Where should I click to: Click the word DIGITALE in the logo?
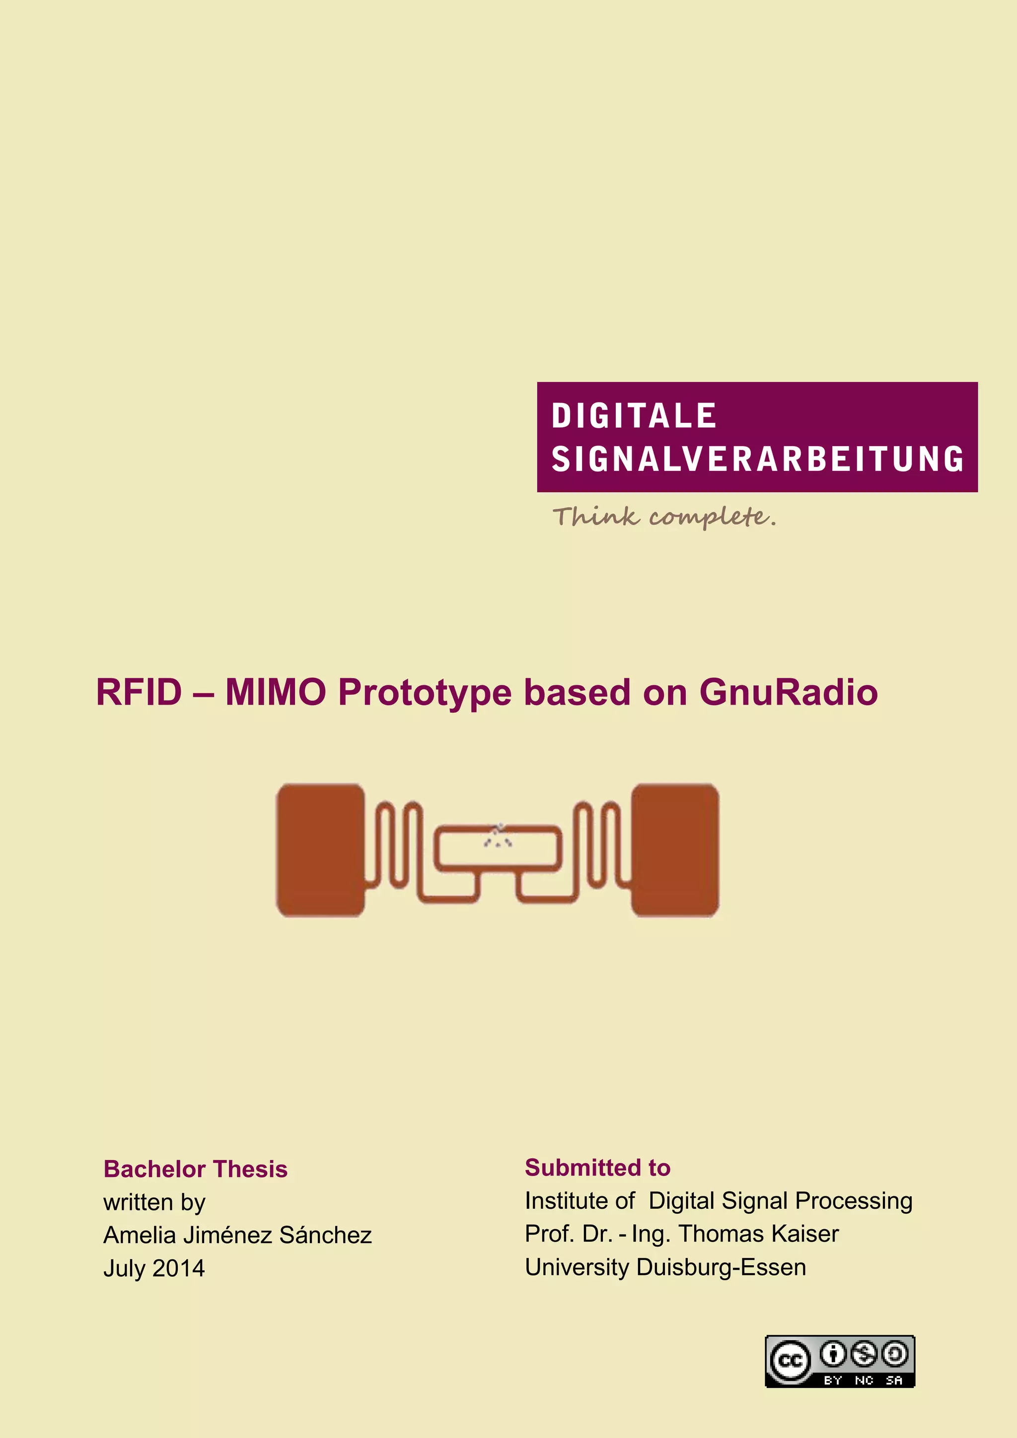click(x=634, y=416)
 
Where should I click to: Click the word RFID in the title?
click(x=139, y=693)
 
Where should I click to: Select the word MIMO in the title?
click(x=276, y=693)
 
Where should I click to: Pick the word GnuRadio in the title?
click(x=788, y=693)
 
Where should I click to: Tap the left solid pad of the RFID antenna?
click(x=320, y=850)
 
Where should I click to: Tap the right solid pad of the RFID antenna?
click(x=675, y=850)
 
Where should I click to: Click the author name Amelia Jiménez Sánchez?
click(x=237, y=1235)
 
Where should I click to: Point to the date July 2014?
click(x=154, y=1268)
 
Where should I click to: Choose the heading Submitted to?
click(x=598, y=1168)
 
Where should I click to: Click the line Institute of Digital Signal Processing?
click(x=719, y=1201)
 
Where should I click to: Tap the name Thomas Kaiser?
click(x=759, y=1234)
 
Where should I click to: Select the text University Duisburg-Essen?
click(x=665, y=1267)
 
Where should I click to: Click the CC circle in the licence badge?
click(x=790, y=1360)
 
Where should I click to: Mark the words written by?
click(x=154, y=1202)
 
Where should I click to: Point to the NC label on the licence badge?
click(x=864, y=1380)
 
